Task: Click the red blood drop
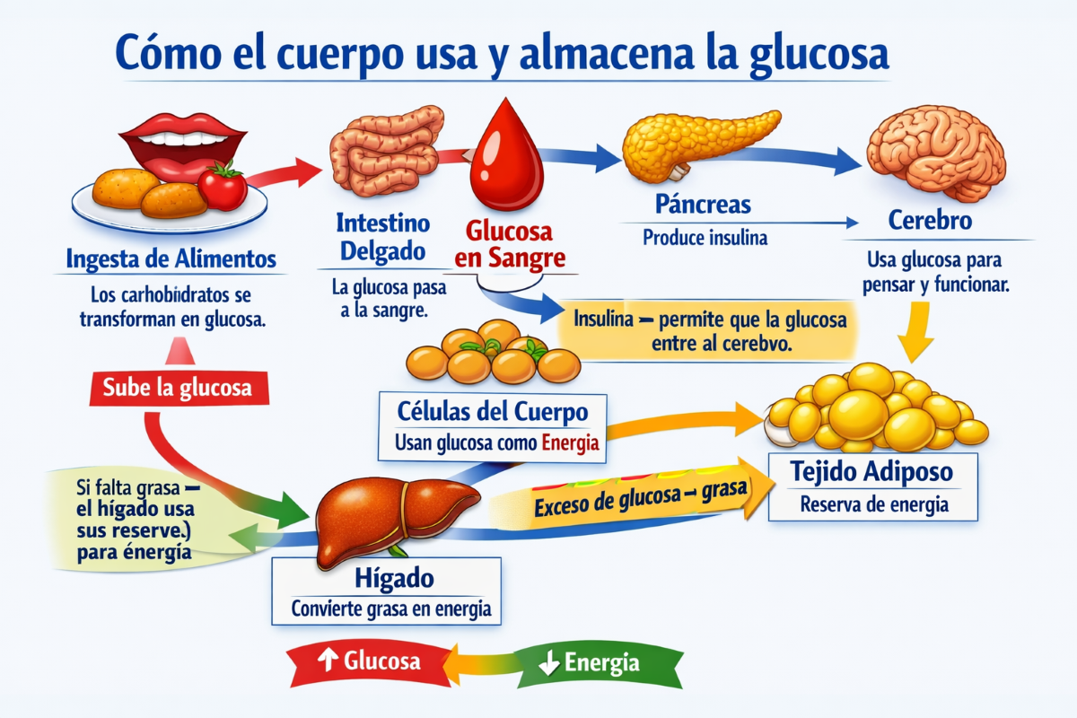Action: coord(507,159)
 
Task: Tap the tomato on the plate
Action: coord(223,186)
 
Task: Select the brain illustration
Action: coord(935,153)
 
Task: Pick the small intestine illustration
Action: coord(385,152)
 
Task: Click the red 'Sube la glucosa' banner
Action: coord(179,388)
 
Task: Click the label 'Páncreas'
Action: coord(703,205)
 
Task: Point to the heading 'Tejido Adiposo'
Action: coord(871,471)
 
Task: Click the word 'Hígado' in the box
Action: coord(394,578)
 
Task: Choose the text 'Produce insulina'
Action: coord(705,238)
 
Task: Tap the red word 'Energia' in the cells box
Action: coord(570,442)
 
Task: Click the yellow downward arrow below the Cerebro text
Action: coord(915,332)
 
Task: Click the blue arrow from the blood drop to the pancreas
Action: coord(580,157)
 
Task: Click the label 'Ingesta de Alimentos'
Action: coord(171,258)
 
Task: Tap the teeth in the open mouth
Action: coord(183,139)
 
